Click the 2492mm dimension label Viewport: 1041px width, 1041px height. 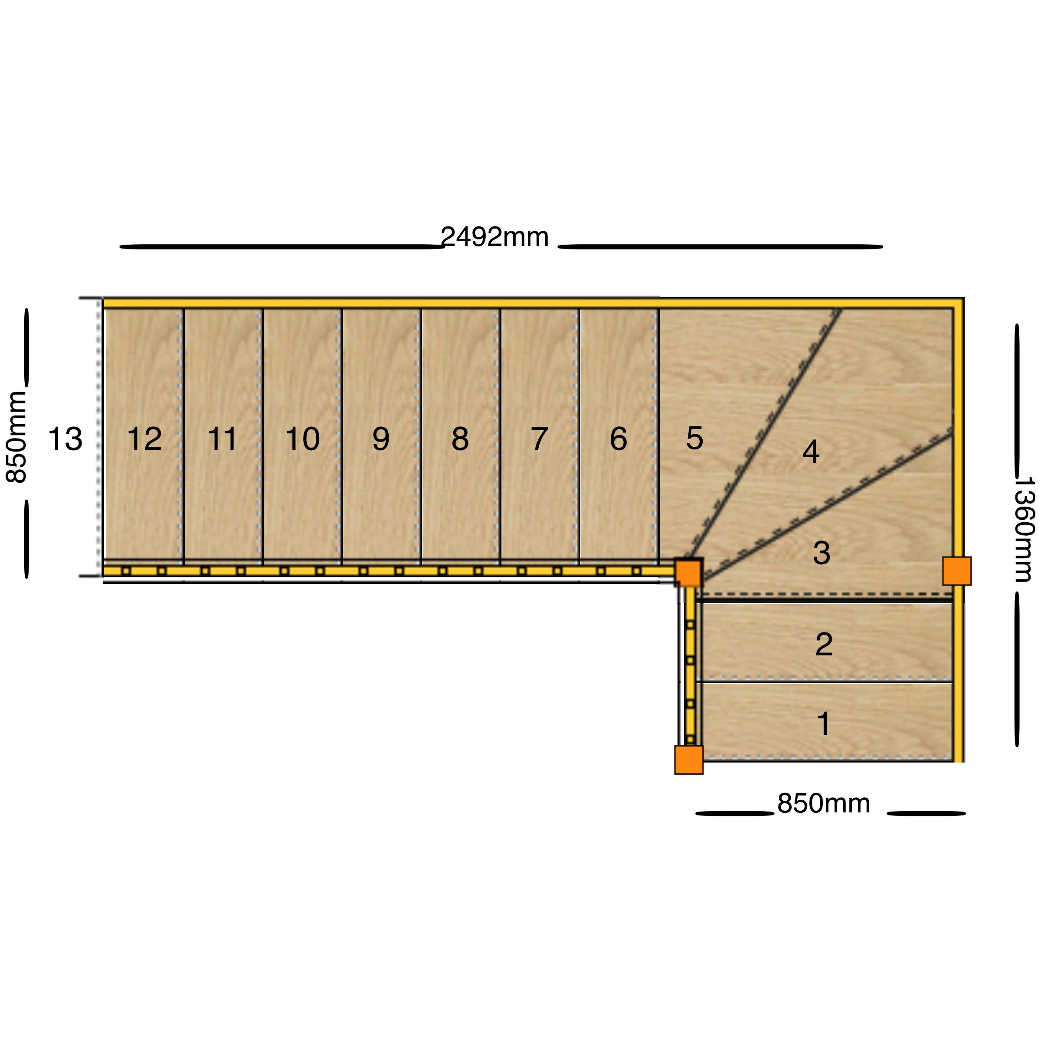(494, 237)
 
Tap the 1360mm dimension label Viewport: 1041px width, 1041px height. (1024, 529)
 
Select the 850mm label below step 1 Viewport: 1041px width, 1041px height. (823, 803)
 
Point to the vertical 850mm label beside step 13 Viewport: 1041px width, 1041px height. (16, 437)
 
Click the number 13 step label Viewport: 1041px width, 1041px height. (65, 439)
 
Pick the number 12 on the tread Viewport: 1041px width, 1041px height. (144, 439)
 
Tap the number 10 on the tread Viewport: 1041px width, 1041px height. (302, 439)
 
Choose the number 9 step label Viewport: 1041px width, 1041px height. (381, 439)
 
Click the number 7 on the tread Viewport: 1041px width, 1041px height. (539, 439)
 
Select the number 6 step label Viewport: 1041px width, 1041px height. (618, 439)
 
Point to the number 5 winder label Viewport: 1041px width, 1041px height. (694, 438)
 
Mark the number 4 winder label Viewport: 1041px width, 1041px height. (811, 452)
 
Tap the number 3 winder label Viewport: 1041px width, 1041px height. (821, 553)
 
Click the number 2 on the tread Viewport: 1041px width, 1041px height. (824, 644)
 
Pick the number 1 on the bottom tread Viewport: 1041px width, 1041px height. (823, 723)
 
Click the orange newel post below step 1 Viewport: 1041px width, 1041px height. (689, 760)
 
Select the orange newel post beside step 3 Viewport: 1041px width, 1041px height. (957, 571)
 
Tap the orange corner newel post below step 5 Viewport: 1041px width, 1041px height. (689, 573)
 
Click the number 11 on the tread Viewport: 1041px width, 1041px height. (223, 439)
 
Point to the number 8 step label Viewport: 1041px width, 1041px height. (460, 439)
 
